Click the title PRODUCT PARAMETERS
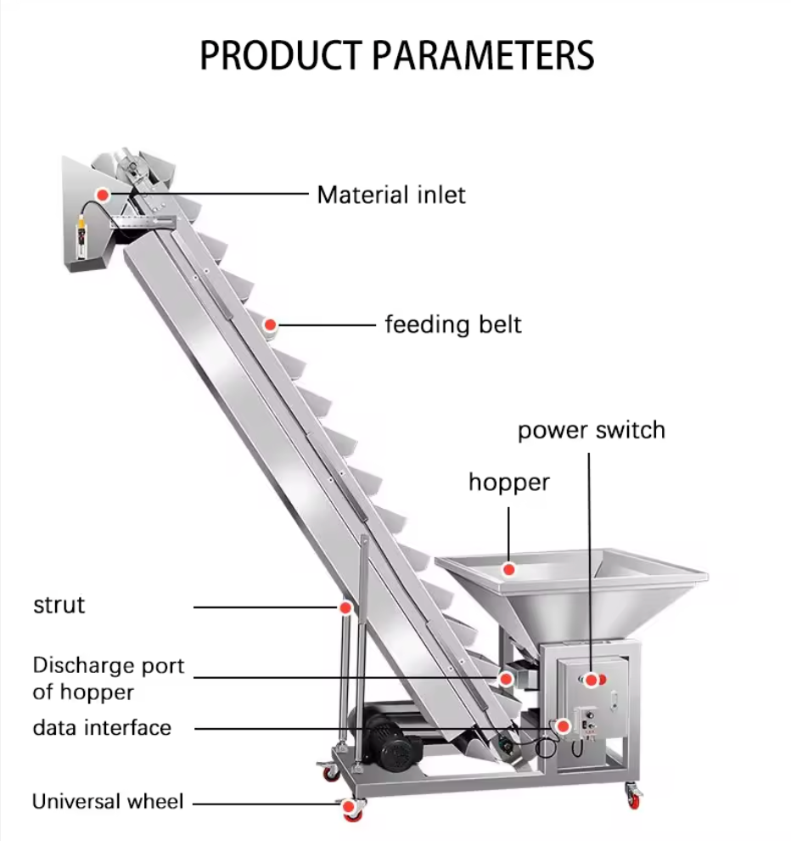[x=396, y=54]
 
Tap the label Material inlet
[x=391, y=195]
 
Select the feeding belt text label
[x=453, y=325]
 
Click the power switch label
[x=592, y=430]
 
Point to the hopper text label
[x=509, y=483]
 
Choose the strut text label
[x=59, y=606]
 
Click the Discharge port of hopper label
[x=108, y=678]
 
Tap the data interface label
[x=102, y=728]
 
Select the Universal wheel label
[x=107, y=801]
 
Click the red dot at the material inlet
[x=103, y=195]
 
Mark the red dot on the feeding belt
[x=271, y=325]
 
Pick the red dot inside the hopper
[x=508, y=568]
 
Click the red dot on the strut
[x=345, y=607]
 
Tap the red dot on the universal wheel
[x=350, y=802]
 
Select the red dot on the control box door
[x=592, y=679]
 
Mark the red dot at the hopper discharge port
[x=506, y=679]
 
